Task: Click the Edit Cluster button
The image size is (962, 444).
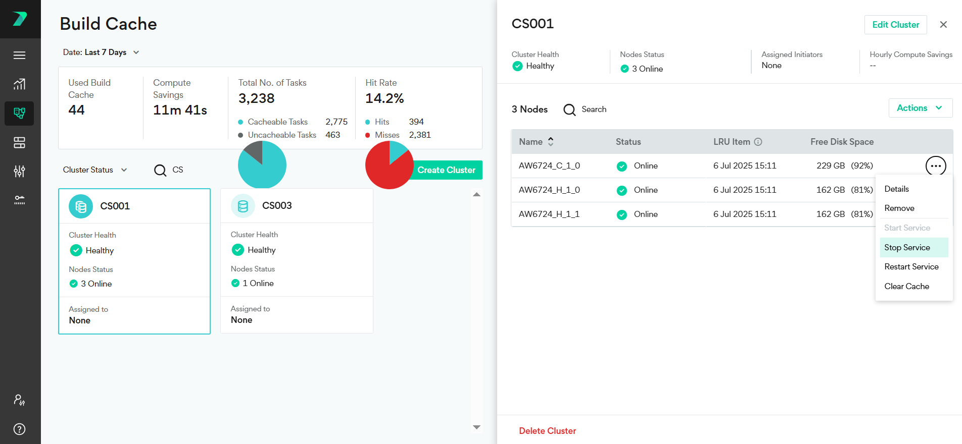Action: click(895, 25)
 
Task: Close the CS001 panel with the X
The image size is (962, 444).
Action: click(943, 25)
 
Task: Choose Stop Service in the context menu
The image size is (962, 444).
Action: click(907, 247)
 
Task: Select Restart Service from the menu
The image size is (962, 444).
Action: click(911, 266)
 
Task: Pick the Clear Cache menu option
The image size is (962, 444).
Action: click(906, 286)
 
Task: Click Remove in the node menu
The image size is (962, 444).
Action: click(899, 208)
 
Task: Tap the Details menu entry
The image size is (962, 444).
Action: click(896, 189)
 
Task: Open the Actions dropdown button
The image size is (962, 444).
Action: click(920, 108)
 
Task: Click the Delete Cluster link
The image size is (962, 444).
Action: click(547, 431)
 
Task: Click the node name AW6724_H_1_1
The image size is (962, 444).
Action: click(549, 214)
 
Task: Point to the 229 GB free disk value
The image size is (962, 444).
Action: click(830, 165)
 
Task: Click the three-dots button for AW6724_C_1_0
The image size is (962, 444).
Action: click(935, 165)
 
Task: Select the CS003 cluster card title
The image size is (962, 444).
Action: click(277, 205)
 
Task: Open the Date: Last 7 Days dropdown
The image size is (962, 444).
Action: click(101, 52)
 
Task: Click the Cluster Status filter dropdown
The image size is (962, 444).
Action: click(94, 170)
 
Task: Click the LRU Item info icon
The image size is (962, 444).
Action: click(758, 142)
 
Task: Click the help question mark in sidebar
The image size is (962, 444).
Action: click(19, 429)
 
